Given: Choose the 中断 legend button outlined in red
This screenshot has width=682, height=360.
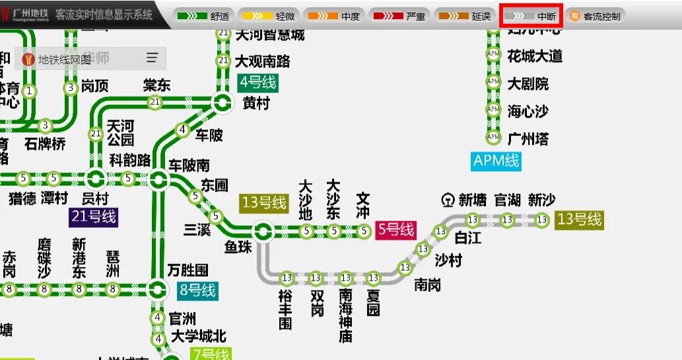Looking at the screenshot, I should tap(531, 16).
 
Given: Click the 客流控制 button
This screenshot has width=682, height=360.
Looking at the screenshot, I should tap(595, 16).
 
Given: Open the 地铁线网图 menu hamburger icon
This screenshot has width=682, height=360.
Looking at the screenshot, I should tap(153, 58).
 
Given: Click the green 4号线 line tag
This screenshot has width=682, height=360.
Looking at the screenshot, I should tap(257, 83).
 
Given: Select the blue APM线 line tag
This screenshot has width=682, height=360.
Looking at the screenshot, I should tap(496, 161).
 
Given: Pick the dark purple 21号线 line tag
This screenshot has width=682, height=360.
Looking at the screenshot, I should tap(93, 217).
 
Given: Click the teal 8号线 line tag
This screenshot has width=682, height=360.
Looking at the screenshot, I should tap(197, 289).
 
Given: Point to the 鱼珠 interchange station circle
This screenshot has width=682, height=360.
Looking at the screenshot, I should tap(263, 231).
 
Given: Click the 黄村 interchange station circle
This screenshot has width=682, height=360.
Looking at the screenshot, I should tap(222, 102).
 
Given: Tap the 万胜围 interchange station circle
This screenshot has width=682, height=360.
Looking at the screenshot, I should tap(157, 289).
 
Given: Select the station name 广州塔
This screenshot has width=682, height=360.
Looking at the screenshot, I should tap(528, 139).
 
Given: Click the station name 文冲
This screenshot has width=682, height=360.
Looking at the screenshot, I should tap(363, 205).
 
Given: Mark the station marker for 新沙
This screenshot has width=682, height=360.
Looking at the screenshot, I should tap(542, 220).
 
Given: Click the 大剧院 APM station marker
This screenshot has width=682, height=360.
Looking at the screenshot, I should tap(493, 82).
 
